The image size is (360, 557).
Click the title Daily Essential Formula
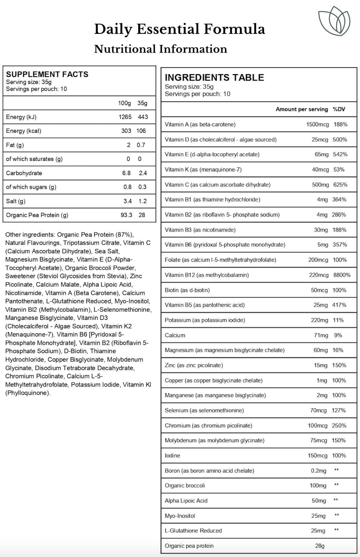[x=179, y=29]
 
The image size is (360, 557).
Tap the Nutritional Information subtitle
[x=160, y=49]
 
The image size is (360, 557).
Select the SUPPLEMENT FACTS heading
[x=47, y=74]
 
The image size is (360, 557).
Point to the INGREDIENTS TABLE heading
[x=214, y=77]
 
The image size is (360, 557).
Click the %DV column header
[x=339, y=109]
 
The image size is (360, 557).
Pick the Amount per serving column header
[x=301, y=109]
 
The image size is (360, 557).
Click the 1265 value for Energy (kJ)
[x=125, y=117]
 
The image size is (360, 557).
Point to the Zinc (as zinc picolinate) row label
[x=194, y=365]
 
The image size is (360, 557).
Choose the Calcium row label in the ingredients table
[x=175, y=335]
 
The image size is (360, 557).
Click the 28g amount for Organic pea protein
[x=320, y=546]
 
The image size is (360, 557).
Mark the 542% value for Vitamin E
[x=340, y=154]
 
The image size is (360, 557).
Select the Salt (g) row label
[x=16, y=201]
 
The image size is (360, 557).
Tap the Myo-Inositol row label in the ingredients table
[x=180, y=516]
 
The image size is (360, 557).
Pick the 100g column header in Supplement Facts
[x=125, y=103]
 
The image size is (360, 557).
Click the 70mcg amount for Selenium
[x=318, y=410]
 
